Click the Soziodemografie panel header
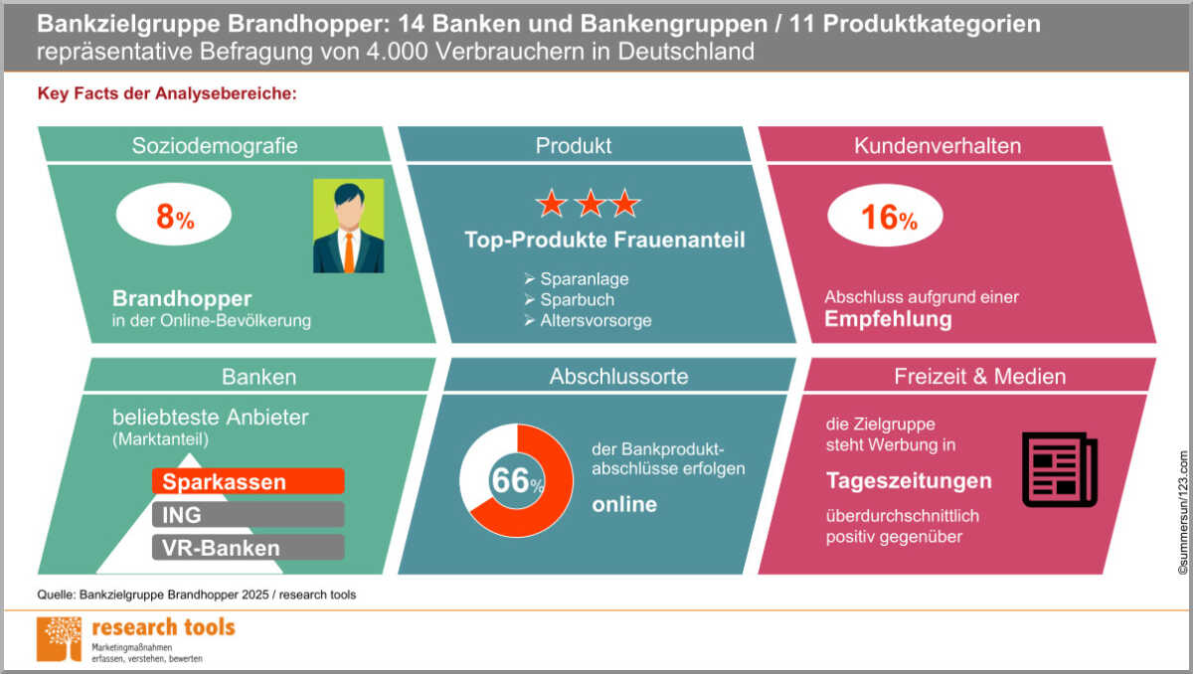(215, 145)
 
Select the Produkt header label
(574, 145)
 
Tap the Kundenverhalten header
(937, 145)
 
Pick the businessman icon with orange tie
(348, 226)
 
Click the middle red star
(589, 205)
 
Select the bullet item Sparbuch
(577, 299)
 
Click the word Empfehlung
(888, 320)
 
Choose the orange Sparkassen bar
(249, 482)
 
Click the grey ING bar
(249, 515)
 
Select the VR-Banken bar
(249, 548)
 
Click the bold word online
(624, 505)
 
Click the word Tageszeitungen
(909, 481)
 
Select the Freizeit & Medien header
(979, 376)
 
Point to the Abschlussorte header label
(618, 376)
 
